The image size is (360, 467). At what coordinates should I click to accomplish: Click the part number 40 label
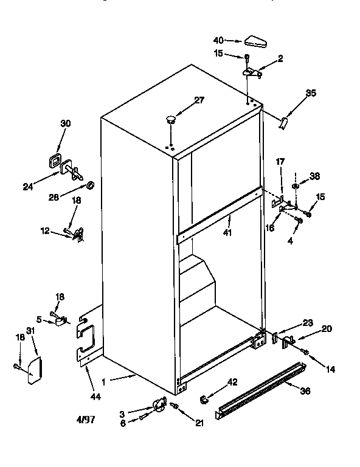point(218,41)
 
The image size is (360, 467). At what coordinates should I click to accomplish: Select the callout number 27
point(199,101)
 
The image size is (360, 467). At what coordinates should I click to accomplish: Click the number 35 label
point(311,93)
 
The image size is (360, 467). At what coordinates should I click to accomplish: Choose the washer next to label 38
point(295,186)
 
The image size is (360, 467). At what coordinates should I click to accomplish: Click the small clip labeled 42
point(204,398)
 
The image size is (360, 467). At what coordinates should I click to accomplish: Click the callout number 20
point(327,328)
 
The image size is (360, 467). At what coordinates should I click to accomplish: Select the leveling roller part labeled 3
point(159,404)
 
